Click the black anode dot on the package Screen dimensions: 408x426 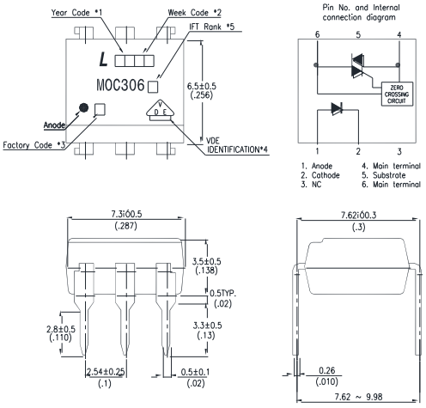[x=83, y=109]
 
